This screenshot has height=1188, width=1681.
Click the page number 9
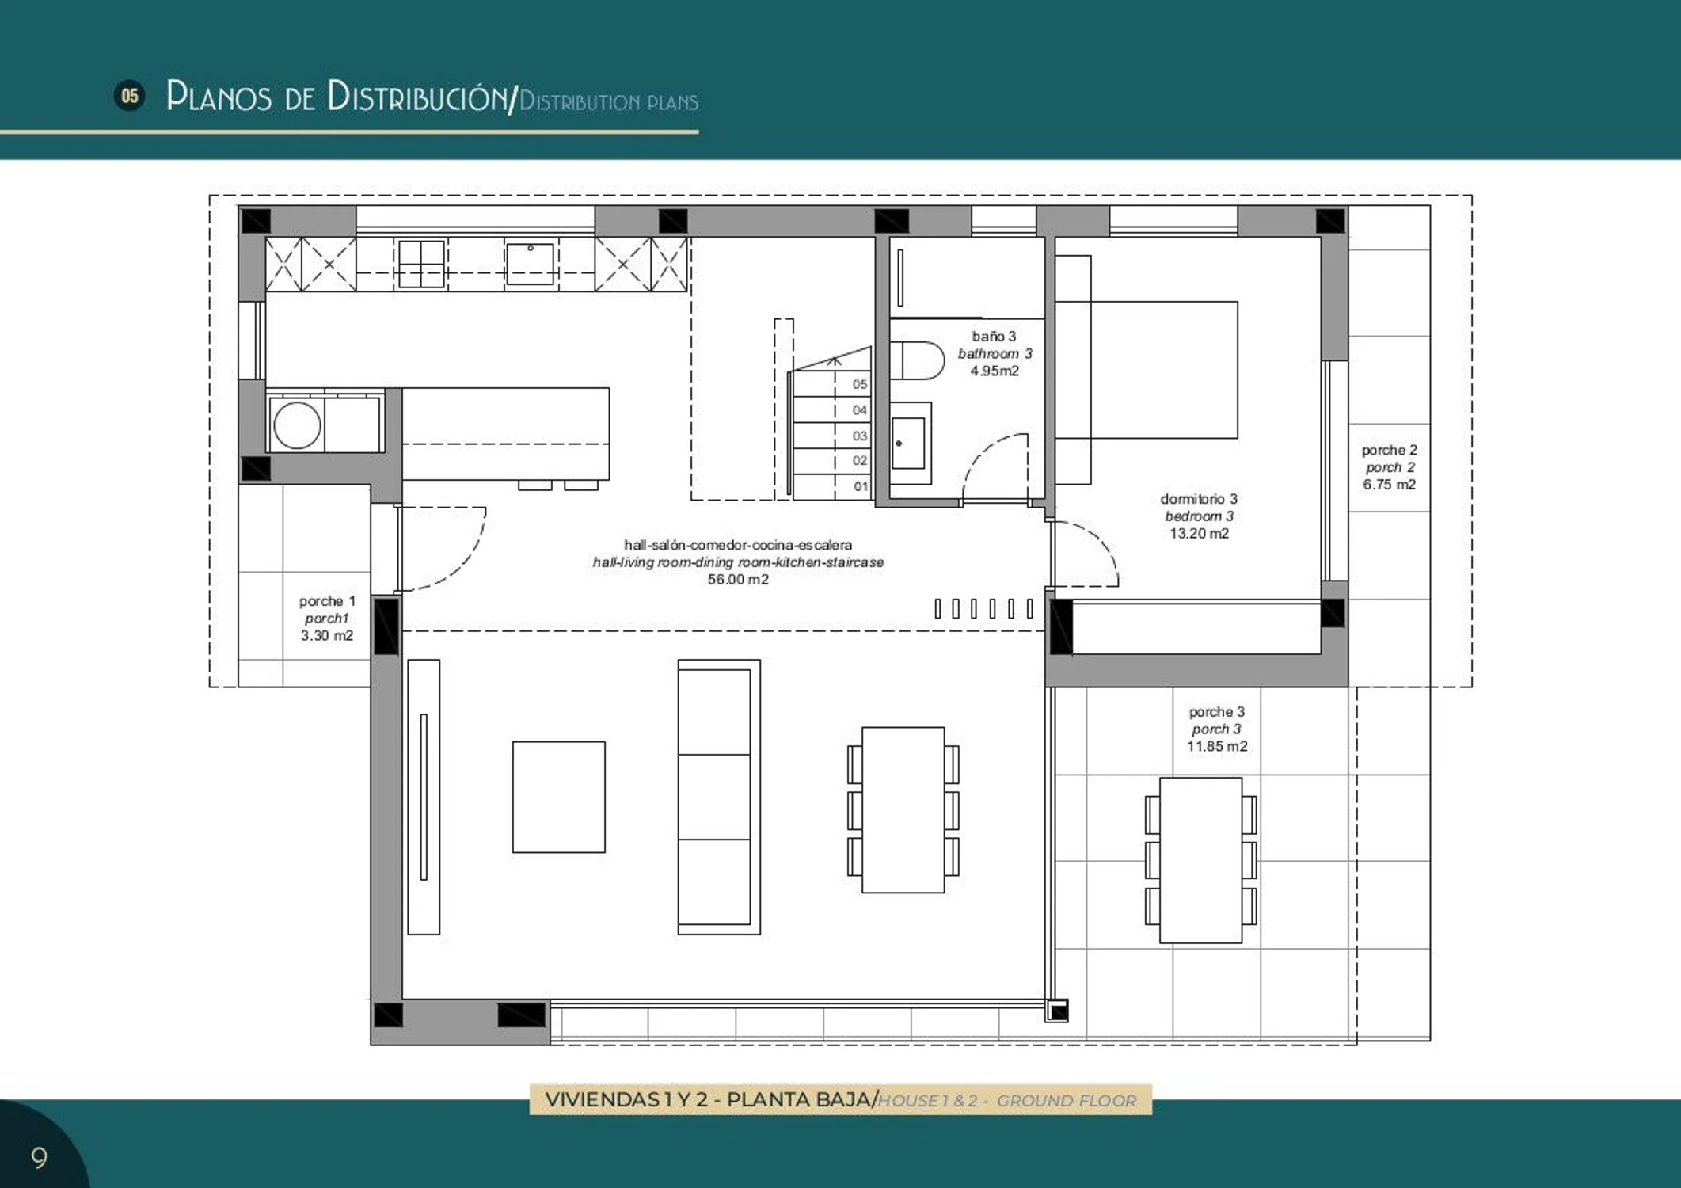[x=39, y=1158]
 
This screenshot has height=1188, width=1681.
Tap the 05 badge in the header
[x=130, y=96]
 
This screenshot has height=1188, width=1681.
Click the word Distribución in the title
[x=420, y=96]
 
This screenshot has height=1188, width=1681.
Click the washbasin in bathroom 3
[x=910, y=444]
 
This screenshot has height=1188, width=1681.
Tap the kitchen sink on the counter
[x=531, y=263]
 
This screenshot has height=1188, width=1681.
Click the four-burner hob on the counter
[x=421, y=264]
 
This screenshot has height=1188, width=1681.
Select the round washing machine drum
[x=297, y=425]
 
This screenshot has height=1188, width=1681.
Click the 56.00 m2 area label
[x=738, y=580]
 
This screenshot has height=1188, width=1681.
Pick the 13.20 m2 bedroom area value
[x=1199, y=534]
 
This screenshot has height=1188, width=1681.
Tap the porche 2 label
[x=1389, y=450]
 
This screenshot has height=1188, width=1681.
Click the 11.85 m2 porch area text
[x=1217, y=746]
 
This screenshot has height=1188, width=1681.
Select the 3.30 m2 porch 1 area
[x=327, y=635]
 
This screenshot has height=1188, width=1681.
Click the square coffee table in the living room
[x=559, y=797]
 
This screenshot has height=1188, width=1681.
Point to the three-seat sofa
[x=719, y=797]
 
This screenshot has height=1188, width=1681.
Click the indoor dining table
[x=903, y=809]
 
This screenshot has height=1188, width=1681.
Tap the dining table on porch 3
[x=1200, y=860]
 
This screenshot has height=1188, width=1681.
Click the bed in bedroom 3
[x=1147, y=370]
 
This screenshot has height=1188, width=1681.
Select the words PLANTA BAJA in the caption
[x=800, y=1100]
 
